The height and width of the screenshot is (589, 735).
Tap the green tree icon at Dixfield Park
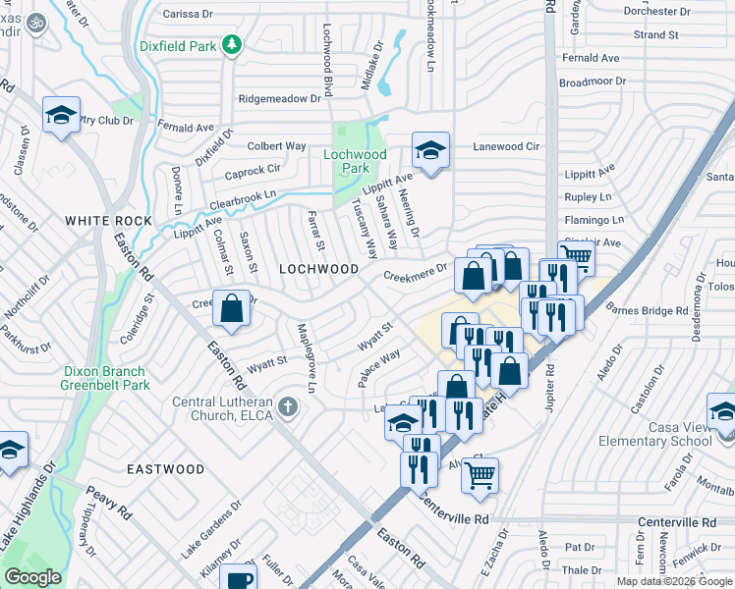(231, 43)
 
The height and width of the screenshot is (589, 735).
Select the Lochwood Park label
(356, 161)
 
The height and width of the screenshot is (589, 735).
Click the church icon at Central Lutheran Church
(287, 405)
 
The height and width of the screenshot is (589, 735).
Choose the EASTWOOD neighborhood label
(165, 470)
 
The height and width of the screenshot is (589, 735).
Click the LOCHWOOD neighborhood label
(319, 268)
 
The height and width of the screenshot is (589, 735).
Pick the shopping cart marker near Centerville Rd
(480, 475)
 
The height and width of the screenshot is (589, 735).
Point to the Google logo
(32, 577)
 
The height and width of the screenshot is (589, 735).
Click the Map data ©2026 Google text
(674, 581)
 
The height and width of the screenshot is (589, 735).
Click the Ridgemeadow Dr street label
(280, 99)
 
